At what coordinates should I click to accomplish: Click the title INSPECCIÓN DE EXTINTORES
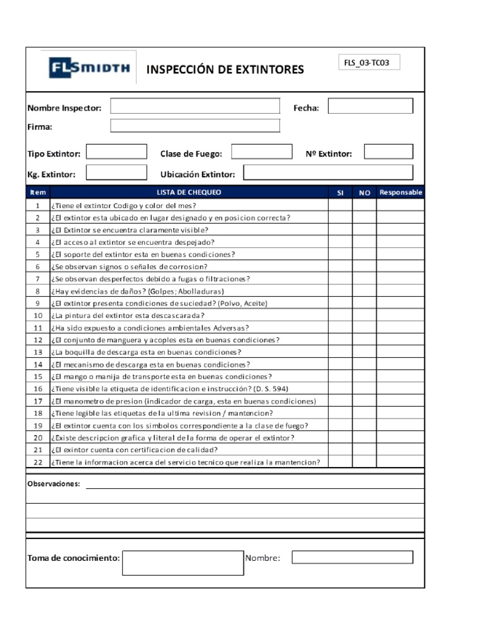(x=225, y=70)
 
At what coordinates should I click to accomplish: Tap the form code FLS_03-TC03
(x=368, y=63)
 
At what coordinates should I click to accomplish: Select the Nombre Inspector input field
(x=195, y=106)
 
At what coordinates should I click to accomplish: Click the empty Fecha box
(x=370, y=106)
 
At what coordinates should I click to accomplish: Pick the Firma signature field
(x=195, y=126)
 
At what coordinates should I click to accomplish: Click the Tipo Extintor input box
(x=116, y=152)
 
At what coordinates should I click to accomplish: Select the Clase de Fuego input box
(x=261, y=152)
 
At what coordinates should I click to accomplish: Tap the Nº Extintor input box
(x=388, y=152)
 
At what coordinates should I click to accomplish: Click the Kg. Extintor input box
(x=116, y=173)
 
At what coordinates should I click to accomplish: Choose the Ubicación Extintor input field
(x=328, y=173)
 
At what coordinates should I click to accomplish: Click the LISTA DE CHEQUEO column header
(x=189, y=193)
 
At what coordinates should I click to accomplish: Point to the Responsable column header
(x=401, y=193)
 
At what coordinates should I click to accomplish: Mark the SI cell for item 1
(x=340, y=206)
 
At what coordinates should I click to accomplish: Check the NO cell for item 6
(x=365, y=266)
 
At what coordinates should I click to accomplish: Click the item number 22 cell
(x=38, y=462)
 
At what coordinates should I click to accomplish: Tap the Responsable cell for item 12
(x=401, y=340)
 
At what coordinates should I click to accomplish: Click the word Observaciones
(x=53, y=484)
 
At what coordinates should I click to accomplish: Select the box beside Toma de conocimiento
(x=183, y=563)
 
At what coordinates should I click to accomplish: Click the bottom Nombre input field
(x=352, y=557)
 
